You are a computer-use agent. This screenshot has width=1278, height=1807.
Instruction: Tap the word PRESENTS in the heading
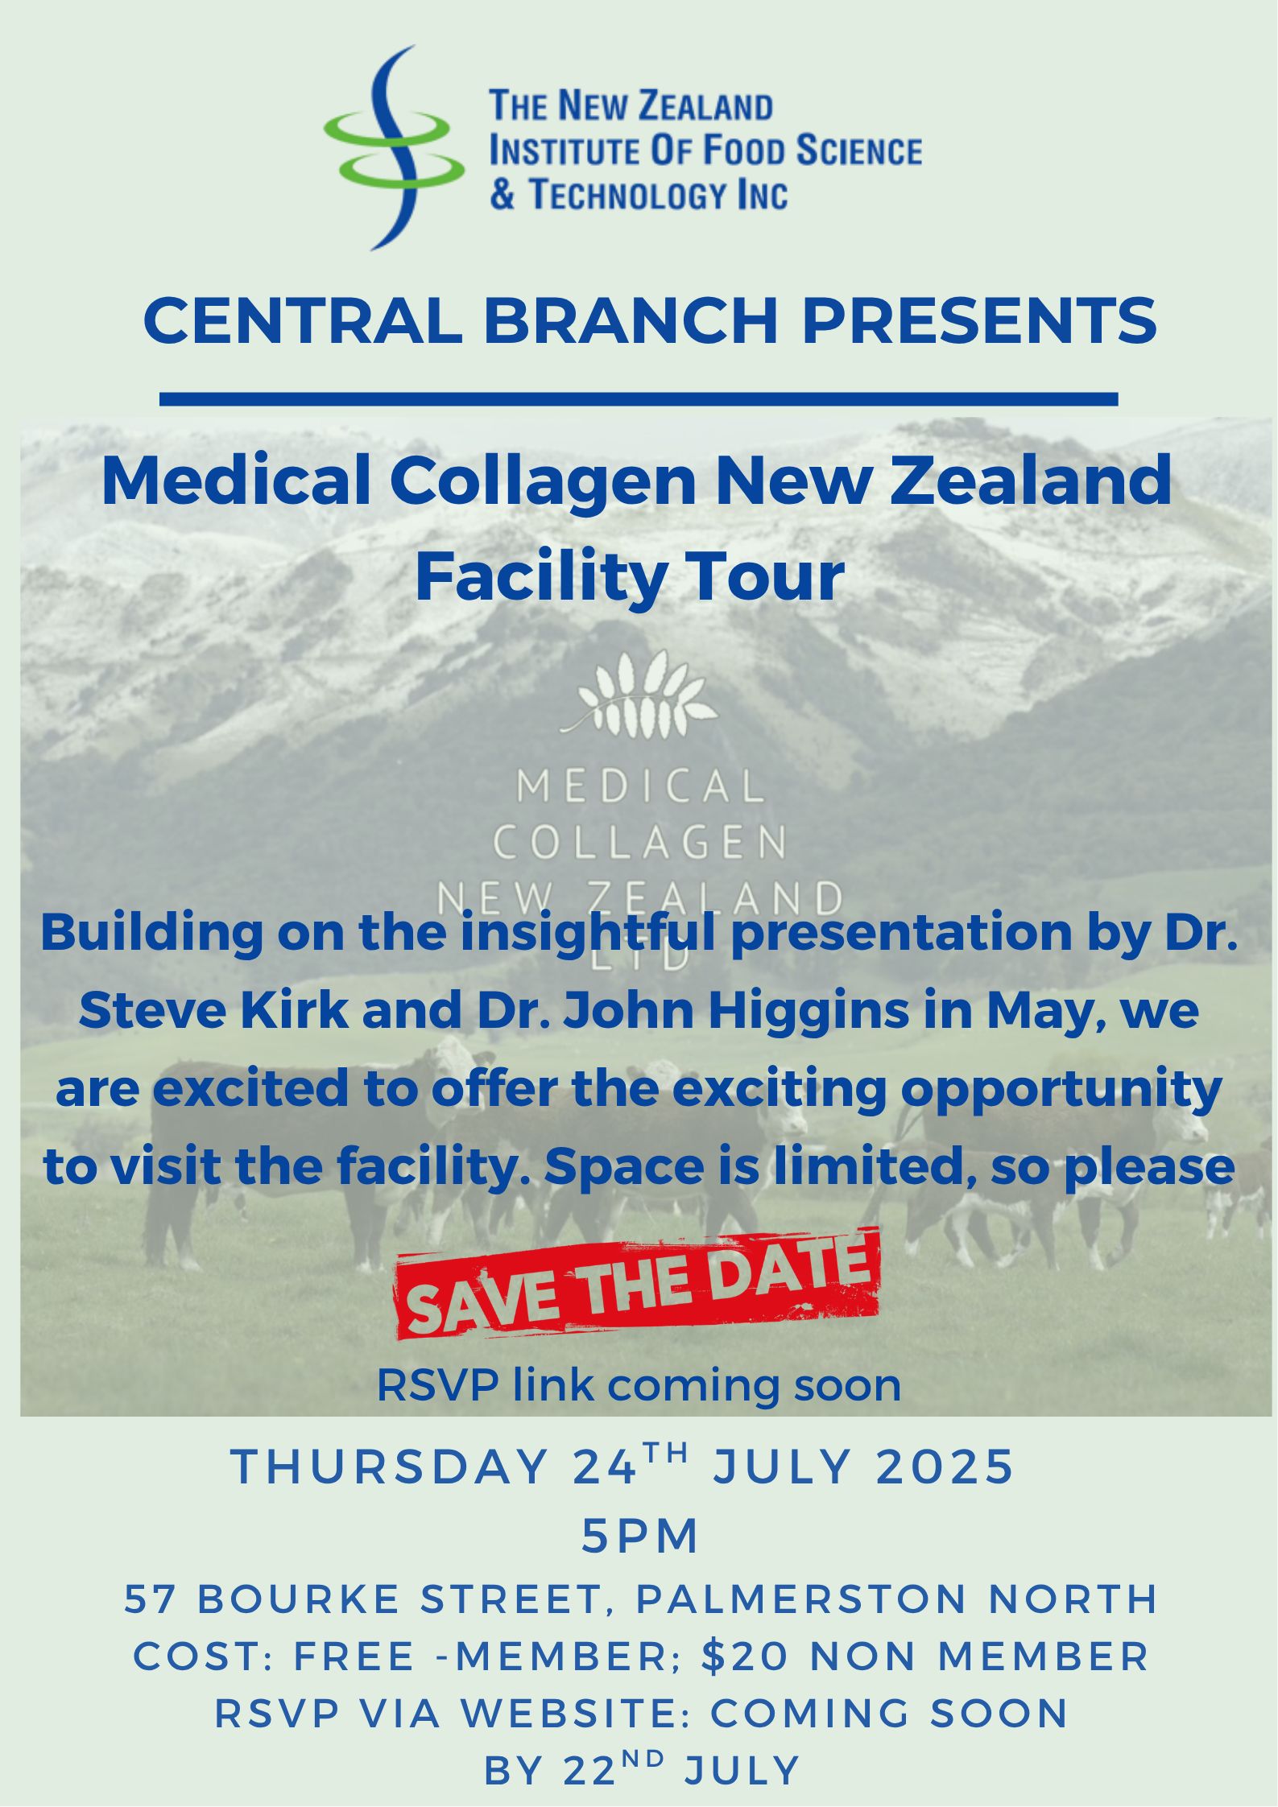(979, 320)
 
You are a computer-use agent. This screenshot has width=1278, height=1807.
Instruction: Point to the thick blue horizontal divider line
(639, 399)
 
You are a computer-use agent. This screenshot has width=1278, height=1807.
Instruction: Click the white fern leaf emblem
(639, 693)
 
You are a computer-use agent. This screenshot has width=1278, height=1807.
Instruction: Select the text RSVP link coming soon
(639, 1385)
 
